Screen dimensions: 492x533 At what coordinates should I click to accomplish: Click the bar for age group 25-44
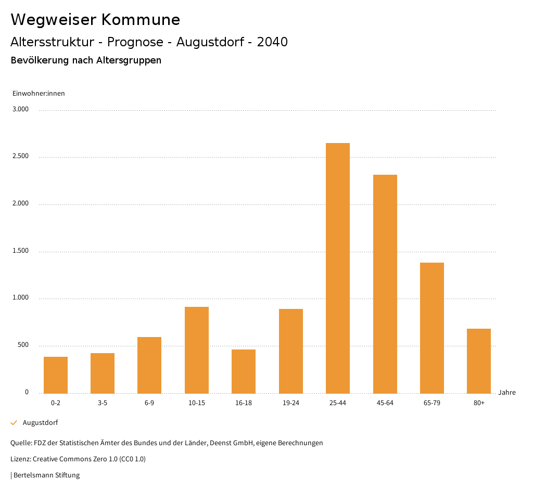pyautogui.click(x=338, y=268)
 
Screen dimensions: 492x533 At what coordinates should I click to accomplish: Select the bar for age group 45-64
pyautogui.click(x=385, y=284)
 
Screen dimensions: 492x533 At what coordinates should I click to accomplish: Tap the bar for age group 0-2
pyautogui.click(x=56, y=375)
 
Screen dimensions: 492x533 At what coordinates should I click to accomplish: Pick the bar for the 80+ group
pyautogui.click(x=479, y=361)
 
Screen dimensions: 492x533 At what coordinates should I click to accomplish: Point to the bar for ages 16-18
pyautogui.click(x=244, y=371)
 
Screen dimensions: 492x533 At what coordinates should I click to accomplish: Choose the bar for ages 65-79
pyautogui.click(x=432, y=328)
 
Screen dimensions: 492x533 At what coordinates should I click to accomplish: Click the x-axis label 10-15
pyautogui.click(x=197, y=403)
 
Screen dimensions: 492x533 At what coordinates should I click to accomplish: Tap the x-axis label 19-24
pyautogui.click(x=291, y=403)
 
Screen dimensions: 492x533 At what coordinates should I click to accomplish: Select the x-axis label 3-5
pyautogui.click(x=103, y=403)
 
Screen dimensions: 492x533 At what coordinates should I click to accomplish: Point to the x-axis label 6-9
pyautogui.click(x=149, y=403)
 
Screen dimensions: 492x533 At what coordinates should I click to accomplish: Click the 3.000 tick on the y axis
pyautogui.click(x=21, y=109)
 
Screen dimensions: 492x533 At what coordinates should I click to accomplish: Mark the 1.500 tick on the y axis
pyautogui.click(x=21, y=251)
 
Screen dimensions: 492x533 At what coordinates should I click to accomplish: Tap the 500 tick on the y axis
pyautogui.click(x=23, y=345)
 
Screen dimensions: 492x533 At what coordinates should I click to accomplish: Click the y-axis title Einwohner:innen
pyautogui.click(x=39, y=94)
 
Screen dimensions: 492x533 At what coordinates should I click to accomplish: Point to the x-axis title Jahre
pyautogui.click(x=507, y=393)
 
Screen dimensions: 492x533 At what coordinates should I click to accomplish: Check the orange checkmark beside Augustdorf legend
pyautogui.click(x=14, y=423)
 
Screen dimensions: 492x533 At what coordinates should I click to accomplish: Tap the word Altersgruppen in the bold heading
pyautogui.click(x=129, y=60)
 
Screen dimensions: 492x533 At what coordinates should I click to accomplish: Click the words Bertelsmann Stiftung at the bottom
pyautogui.click(x=46, y=475)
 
